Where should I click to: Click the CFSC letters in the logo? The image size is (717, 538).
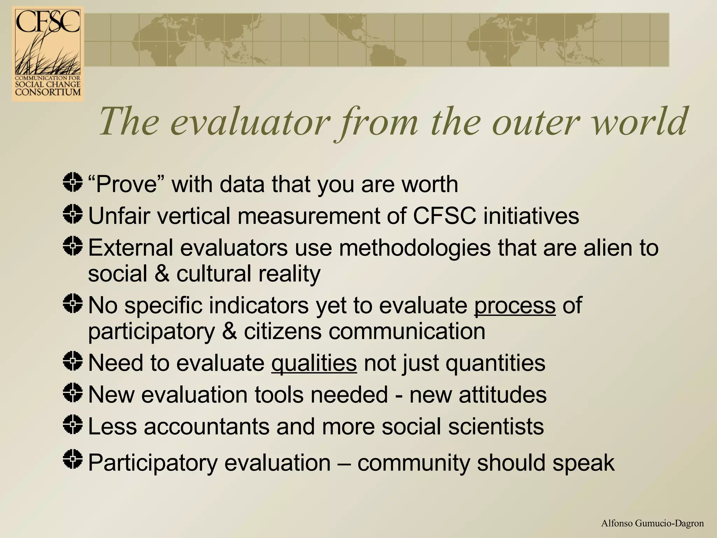[x=48, y=22]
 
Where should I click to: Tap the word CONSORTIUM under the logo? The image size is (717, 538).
[x=48, y=92]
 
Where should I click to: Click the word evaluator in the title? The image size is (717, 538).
[x=250, y=122]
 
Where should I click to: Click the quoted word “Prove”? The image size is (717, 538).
[x=126, y=184]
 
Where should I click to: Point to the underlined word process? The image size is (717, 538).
[x=515, y=305]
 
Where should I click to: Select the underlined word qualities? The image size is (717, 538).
[x=314, y=363]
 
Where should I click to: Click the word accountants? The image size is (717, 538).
[x=206, y=427]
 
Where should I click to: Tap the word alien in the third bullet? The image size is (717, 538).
[x=607, y=248]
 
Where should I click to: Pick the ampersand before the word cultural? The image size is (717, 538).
[x=162, y=274]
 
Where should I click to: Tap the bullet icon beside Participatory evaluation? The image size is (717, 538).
[x=73, y=459]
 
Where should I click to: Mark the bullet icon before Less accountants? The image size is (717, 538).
[x=73, y=424]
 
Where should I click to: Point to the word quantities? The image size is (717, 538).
[x=495, y=363]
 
